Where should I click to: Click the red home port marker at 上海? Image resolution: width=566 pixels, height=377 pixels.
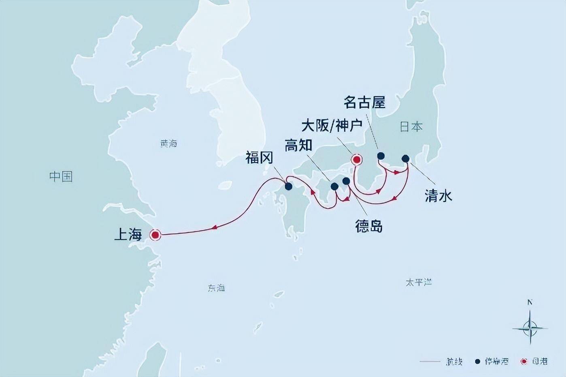tap(155, 235)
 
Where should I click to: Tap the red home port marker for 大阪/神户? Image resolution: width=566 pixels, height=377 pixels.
tap(356, 160)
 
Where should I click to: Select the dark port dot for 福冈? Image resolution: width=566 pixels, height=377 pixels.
tap(288, 186)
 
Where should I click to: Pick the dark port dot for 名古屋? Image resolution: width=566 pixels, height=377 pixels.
tap(381, 156)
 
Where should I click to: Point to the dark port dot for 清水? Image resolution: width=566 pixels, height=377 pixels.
tap(405, 158)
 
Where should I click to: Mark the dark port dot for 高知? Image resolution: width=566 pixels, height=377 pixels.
tap(334, 186)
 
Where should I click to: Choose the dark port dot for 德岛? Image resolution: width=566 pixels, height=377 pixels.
tap(346, 181)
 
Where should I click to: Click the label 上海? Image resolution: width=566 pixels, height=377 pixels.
tap(128, 234)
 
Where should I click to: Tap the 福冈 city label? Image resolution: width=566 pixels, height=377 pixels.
tap(259, 158)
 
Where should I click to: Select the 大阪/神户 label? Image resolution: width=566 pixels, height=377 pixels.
tap(332, 126)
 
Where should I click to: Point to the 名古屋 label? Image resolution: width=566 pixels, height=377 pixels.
tap(364, 102)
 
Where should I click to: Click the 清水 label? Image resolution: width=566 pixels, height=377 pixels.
tap(438, 196)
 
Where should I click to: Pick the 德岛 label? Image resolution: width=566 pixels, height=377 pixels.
tap(369, 226)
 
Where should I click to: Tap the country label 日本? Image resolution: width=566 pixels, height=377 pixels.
tap(411, 127)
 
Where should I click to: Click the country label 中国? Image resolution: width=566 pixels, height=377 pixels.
tap(61, 176)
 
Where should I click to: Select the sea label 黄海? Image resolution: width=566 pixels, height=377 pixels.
tap(168, 144)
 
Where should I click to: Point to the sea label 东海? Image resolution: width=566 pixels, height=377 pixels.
tap(216, 288)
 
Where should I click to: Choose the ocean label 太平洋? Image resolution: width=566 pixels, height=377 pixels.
tap(419, 282)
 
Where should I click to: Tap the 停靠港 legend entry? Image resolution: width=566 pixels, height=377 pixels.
tap(492, 361)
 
